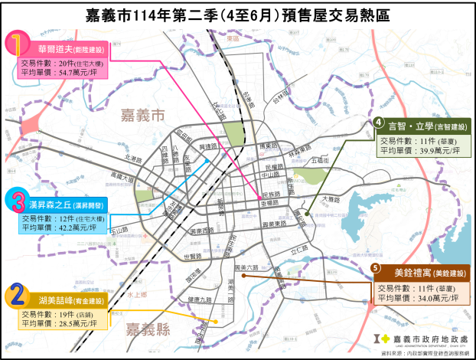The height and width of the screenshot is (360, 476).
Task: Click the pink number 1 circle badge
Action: (x=18, y=42)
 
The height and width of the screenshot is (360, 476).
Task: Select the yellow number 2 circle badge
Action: (x=18, y=295)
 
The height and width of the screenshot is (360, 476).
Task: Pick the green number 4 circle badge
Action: (x=378, y=123)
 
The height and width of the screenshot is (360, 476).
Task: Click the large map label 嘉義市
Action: (x=142, y=116)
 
